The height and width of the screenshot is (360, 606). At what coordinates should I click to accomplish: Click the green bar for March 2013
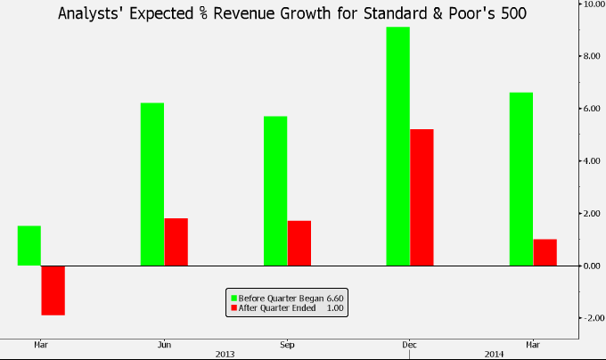click(x=29, y=246)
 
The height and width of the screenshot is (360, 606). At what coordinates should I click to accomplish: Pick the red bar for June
click(x=176, y=241)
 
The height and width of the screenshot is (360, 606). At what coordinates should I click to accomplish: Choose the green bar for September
click(x=275, y=191)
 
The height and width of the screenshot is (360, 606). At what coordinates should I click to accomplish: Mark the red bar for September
click(x=299, y=242)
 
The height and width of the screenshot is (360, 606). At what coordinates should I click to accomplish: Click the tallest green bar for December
click(x=398, y=146)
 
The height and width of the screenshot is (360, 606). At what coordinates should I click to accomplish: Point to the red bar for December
click(x=422, y=197)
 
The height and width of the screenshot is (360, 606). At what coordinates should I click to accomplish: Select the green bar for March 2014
click(x=521, y=179)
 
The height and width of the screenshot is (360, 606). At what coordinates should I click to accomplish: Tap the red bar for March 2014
click(x=545, y=252)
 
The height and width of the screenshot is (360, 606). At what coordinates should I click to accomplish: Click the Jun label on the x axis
click(x=164, y=343)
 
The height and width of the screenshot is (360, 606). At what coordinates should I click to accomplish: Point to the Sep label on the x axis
click(x=287, y=343)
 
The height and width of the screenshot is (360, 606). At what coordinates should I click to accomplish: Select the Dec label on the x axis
click(x=410, y=343)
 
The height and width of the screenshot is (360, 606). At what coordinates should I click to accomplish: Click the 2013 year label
click(x=225, y=353)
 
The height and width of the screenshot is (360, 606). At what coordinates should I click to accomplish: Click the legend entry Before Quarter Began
click(x=283, y=297)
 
